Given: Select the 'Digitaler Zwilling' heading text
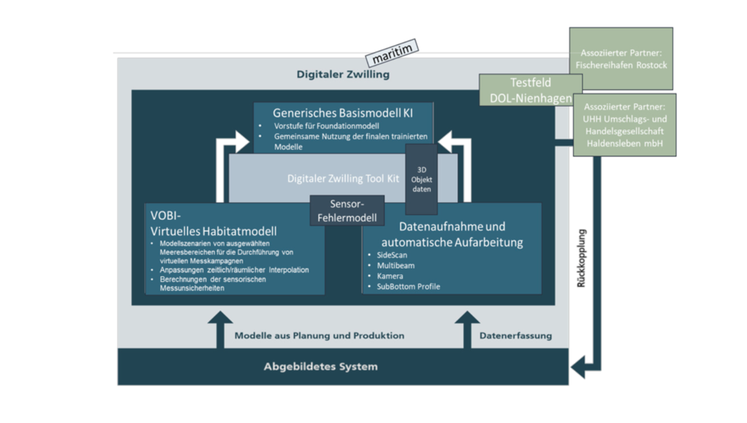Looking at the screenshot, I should click(x=343, y=74).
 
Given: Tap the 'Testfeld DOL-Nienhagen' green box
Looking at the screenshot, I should click(x=530, y=90).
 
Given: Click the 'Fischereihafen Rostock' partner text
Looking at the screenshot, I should click(x=621, y=65).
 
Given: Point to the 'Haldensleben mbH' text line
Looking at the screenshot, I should click(x=624, y=143).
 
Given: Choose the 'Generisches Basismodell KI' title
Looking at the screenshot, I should click(x=343, y=113).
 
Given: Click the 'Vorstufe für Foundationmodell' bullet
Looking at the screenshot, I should click(x=326, y=126).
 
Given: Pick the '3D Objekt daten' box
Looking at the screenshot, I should click(x=421, y=180).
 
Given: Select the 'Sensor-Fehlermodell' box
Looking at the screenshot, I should click(x=347, y=211).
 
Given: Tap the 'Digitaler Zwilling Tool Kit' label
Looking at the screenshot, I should click(x=343, y=179).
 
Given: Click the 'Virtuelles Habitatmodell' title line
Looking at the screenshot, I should click(x=213, y=231).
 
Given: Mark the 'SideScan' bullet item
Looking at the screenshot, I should click(x=392, y=255).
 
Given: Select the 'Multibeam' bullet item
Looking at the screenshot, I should click(x=396, y=265).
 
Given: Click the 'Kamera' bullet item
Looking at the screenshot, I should click(x=390, y=276).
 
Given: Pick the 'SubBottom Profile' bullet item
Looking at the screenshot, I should click(x=408, y=286).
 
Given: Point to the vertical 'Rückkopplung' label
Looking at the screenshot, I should click(x=581, y=258).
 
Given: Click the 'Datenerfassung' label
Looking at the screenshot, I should click(x=515, y=336).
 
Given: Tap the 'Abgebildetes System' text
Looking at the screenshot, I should click(x=321, y=366).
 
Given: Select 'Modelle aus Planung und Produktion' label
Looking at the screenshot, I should click(x=319, y=336).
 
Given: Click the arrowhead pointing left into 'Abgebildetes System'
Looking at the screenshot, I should click(x=578, y=367).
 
